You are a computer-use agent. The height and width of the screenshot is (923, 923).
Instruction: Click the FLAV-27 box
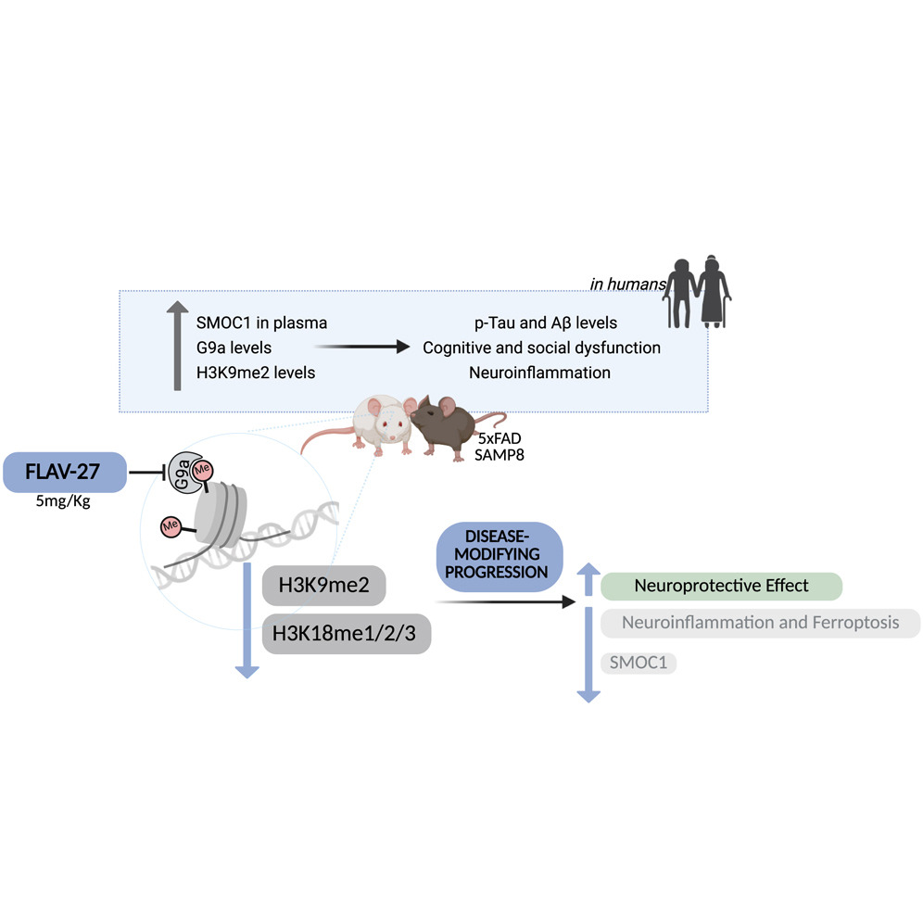pos(65,472)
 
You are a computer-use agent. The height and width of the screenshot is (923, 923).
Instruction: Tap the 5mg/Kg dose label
pos(65,507)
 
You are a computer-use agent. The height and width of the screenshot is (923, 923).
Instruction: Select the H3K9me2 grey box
pos(319,586)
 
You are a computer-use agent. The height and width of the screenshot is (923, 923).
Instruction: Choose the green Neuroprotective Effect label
pos(721,586)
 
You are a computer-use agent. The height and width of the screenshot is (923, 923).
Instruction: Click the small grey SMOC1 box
pos(639,663)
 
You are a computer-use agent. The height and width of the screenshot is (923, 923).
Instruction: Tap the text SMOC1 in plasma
pos(261,322)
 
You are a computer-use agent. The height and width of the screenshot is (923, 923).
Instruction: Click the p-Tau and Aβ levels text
pos(541,322)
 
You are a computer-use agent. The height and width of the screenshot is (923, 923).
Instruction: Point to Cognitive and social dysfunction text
pos(541,348)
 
